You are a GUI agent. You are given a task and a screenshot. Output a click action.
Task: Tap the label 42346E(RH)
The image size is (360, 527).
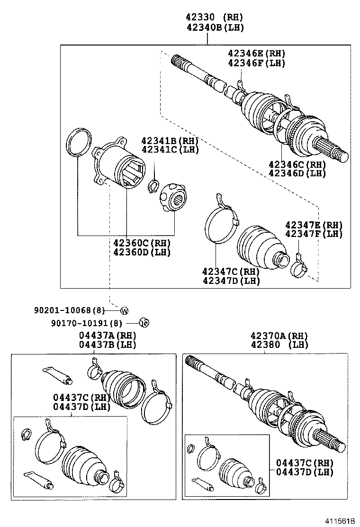coord(256,54)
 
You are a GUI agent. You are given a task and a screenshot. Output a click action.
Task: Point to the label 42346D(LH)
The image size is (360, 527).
coord(297,173)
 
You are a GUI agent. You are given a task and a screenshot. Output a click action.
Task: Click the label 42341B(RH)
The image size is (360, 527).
coord(170,141)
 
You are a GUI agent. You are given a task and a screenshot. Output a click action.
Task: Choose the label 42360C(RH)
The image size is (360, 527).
coord(142,243)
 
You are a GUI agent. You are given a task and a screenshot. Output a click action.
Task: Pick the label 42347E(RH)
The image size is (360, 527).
coord(313,225)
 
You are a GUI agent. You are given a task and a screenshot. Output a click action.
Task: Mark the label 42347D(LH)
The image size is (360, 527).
coord(231,281)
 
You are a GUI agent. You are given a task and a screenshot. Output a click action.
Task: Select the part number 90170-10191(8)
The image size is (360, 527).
coord(86,323)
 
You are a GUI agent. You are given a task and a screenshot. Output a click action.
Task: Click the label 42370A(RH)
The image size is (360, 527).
coord(279,336)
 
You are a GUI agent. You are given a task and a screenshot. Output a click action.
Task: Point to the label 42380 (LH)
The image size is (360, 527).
coord(279,345)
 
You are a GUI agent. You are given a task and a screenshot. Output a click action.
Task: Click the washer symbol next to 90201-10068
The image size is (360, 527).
coord(124,310)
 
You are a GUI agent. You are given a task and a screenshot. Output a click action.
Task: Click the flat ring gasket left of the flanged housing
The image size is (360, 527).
coord(79,141)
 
